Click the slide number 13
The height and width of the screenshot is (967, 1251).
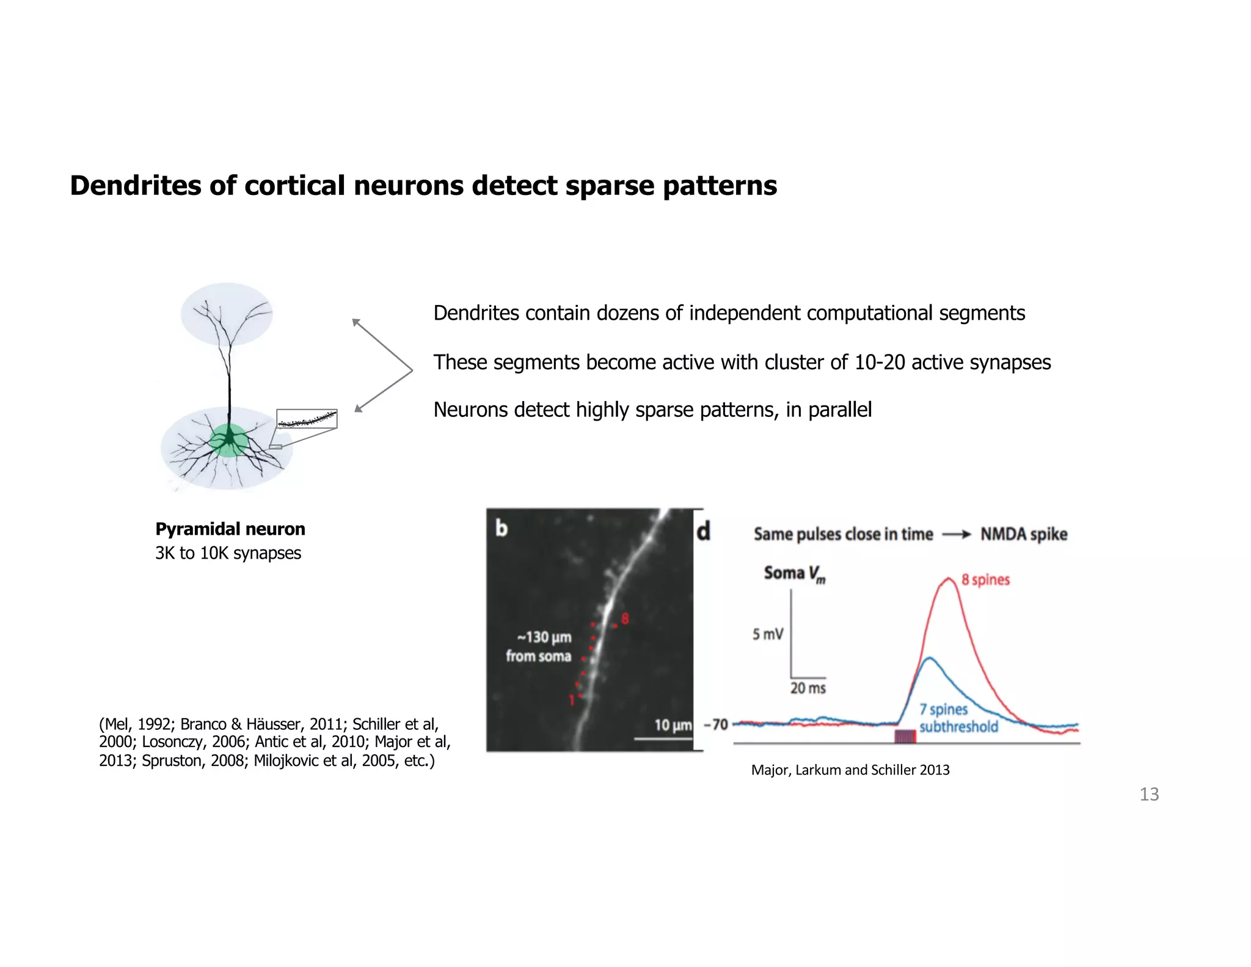1148,794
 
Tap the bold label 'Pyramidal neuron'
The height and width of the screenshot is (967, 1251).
230,529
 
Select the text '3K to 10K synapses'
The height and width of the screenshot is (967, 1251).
228,553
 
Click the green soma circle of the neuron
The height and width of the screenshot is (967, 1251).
229,439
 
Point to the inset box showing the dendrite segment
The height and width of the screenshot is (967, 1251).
307,419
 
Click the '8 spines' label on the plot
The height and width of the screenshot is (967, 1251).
985,579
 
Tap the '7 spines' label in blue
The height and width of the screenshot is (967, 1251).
944,709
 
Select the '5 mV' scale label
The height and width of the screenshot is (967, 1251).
767,634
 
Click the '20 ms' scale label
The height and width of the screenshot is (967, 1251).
808,688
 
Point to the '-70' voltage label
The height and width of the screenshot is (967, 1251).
716,725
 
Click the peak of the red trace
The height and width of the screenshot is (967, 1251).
947,578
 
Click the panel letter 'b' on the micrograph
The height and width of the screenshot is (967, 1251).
501,528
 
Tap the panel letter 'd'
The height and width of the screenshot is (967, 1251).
704,531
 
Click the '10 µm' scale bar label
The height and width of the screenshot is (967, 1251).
673,726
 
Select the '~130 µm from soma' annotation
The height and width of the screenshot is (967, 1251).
539,647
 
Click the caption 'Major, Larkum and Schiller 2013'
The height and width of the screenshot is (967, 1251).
850,770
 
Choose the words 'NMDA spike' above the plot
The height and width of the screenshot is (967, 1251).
1024,534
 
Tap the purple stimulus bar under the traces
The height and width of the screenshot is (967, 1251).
905,736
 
